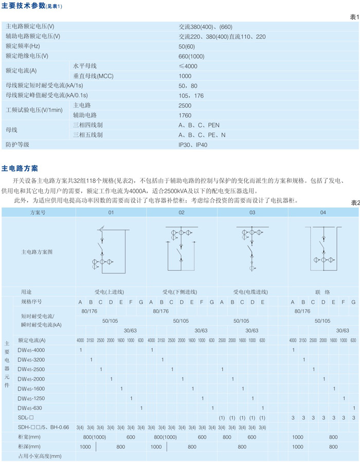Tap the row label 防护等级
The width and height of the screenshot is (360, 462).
pyautogui.click(x=17, y=145)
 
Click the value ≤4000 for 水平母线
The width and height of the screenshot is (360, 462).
pyautogui.click(x=188, y=66)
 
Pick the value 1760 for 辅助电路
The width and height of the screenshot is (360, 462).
pyautogui.click(x=185, y=115)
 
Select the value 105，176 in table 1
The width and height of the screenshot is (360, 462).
pyautogui.click(x=191, y=96)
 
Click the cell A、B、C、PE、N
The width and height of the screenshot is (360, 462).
pyautogui.click(x=202, y=135)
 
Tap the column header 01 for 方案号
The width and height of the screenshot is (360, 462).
pyautogui.click(x=111, y=212)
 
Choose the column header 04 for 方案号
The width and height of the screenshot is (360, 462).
pyautogui.click(x=322, y=212)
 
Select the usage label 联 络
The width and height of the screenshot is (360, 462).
pyautogui.click(x=323, y=291)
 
